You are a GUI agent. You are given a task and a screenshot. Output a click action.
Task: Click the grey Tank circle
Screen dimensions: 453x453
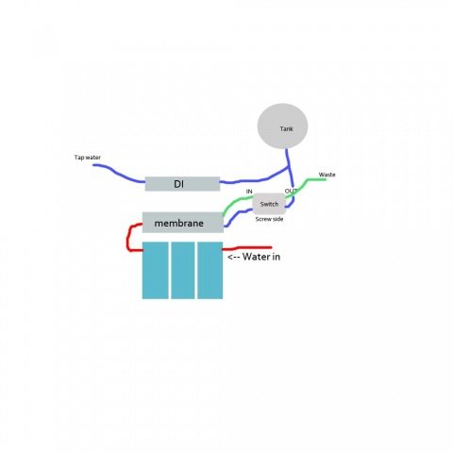tap(282, 126)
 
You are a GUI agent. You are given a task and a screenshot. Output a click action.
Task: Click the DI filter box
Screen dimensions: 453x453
tap(182, 184)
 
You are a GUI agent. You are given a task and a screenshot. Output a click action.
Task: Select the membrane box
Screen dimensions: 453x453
tap(183, 223)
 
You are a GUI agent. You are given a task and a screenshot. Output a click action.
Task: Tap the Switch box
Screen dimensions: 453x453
tap(269, 204)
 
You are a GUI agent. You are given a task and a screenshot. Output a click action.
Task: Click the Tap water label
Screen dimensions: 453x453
tap(88, 158)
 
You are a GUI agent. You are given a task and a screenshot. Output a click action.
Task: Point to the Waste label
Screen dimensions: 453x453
tap(327, 175)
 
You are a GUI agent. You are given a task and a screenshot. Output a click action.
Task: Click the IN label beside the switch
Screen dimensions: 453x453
tap(249, 192)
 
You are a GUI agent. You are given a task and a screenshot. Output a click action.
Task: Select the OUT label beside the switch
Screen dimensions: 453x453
tap(291, 191)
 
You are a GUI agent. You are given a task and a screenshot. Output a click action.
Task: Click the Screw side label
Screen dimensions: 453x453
tap(269, 219)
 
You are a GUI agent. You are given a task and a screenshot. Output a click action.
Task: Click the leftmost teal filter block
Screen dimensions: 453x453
tap(155, 270)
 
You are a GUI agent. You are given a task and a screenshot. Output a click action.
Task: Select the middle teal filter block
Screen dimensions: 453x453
tap(183, 270)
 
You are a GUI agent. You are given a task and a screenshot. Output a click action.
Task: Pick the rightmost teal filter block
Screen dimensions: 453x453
tap(210, 270)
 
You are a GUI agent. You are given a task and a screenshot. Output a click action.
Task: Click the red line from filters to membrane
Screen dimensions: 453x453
tap(127, 238)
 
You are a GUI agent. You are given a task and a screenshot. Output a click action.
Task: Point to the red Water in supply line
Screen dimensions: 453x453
tap(247, 248)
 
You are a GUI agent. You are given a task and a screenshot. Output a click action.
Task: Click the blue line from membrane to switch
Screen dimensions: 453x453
tap(238, 214)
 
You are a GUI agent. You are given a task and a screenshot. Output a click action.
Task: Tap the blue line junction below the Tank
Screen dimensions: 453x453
tap(288, 168)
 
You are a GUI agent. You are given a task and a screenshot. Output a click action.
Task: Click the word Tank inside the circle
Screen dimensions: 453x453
tap(286, 128)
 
